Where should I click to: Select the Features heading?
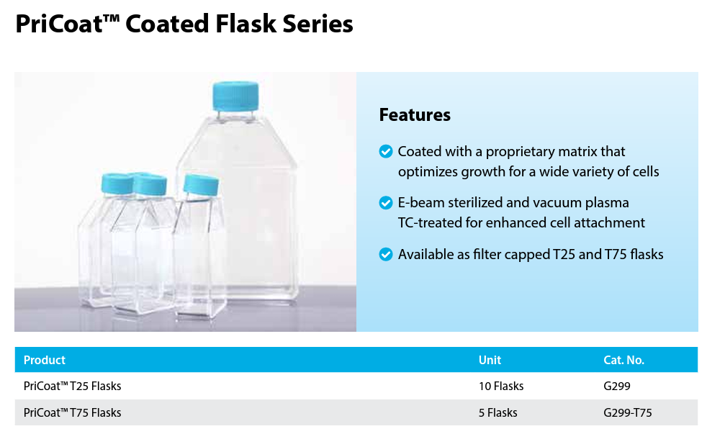coord(415,115)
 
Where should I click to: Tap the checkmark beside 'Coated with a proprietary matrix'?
coord(386,151)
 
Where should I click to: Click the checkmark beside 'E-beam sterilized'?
coord(386,203)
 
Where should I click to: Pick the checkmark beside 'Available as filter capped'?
coord(386,254)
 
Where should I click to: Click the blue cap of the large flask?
coord(236,96)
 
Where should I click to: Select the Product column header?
coord(45,360)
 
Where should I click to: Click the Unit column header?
coord(490,360)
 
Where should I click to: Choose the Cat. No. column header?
coord(624,360)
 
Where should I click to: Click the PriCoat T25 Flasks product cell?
coord(73,386)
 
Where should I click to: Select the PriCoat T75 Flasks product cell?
coord(73,413)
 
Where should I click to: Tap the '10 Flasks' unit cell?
coord(501,386)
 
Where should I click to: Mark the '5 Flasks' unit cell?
coord(497,413)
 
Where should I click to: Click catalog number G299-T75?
coord(628,413)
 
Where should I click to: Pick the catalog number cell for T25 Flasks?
coord(617,386)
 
